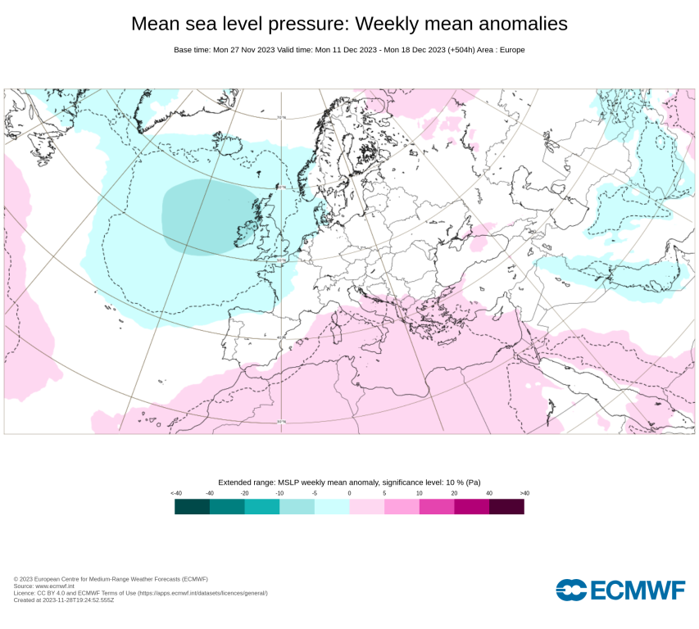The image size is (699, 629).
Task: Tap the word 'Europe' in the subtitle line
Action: pyautogui.click(x=510, y=50)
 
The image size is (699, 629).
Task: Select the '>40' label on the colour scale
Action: pyautogui.click(x=524, y=493)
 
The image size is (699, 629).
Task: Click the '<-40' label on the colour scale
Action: pyautogui.click(x=175, y=493)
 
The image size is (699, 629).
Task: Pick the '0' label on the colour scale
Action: pyautogui.click(x=349, y=493)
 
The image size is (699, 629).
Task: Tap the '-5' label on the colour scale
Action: pyautogui.click(x=315, y=493)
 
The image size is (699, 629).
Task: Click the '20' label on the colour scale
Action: pyautogui.click(x=454, y=493)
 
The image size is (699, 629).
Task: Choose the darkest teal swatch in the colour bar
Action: pyautogui.click(x=193, y=507)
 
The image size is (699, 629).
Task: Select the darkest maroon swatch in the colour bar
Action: pyautogui.click(x=506, y=507)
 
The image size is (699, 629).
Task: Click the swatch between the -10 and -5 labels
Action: pyautogui.click(x=297, y=507)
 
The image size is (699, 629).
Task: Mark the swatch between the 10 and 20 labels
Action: pyautogui.click(x=437, y=507)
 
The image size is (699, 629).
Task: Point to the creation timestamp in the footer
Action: pyautogui.click(x=64, y=600)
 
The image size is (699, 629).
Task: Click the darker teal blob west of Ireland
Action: pyautogui.click(x=205, y=217)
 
